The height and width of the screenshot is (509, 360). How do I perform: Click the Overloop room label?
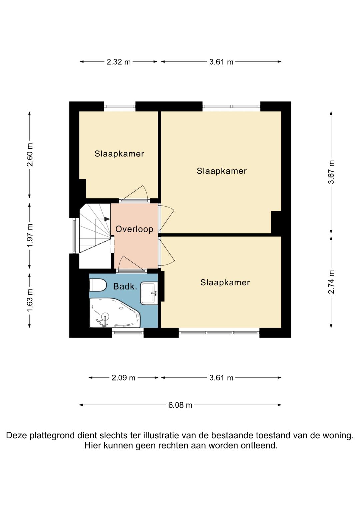pos(134,229)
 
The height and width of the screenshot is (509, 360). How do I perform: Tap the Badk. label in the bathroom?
pos(125,286)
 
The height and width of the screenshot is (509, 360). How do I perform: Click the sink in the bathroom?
pos(149,293)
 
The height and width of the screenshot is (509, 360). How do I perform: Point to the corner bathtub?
pos(115,313)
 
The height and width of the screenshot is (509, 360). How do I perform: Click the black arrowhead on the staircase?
pos(107,219)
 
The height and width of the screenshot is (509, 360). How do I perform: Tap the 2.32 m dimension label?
pos(119,62)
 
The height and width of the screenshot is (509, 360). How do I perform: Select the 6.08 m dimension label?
pos(180,405)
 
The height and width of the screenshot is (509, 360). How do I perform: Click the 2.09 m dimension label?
pos(123,378)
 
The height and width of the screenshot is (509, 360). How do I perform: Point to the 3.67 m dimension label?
pos(332,172)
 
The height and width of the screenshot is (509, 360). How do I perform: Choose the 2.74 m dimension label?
pos(332,282)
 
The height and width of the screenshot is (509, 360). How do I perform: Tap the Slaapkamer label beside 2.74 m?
pos(225,282)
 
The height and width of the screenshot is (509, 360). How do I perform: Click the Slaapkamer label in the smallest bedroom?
pos(119,154)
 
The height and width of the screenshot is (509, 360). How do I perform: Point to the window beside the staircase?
pos(74,236)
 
